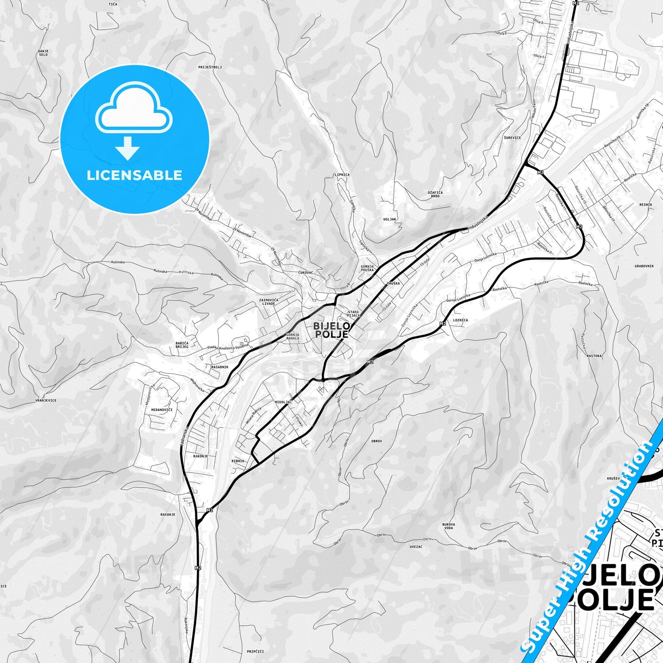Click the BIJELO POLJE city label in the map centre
point(331,330)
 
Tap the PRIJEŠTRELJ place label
point(210,67)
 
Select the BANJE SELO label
point(43,53)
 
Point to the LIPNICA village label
point(342,175)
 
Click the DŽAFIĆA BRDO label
point(435,194)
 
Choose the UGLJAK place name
point(390,219)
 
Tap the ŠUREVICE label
point(513,138)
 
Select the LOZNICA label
point(460,320)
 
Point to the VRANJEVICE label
point(46,400)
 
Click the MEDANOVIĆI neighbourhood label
point(162,409)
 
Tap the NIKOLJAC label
point(283,402)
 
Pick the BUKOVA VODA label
point(449,526)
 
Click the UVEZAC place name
point(416,546)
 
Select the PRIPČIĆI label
point(255,651)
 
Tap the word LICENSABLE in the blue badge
point(134,175)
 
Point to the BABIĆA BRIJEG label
point(182,345)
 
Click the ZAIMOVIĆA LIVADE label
point(269,301)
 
